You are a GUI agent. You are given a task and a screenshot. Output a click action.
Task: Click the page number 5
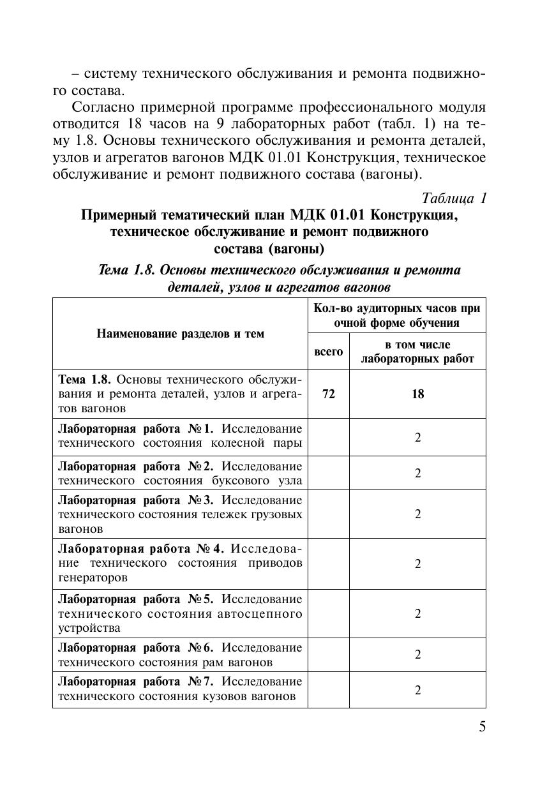click(482, 727)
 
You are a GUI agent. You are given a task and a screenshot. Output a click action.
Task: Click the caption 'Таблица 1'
click(454, 198)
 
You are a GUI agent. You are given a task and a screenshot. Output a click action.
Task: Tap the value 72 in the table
click(328, 394)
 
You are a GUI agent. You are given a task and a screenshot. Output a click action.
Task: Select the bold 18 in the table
click(417, 394)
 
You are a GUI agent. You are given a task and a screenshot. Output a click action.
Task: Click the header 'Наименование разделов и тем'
click(180, 333)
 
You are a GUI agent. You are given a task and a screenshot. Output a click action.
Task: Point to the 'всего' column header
click(328, 351)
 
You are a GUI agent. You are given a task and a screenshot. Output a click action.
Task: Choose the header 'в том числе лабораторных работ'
click(417, 351)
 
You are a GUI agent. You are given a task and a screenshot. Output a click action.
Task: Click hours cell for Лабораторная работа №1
click(417, 438)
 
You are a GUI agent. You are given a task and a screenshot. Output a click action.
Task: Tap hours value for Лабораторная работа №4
click(417, 564)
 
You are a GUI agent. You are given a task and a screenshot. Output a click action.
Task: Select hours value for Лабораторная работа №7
click(417, 690)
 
